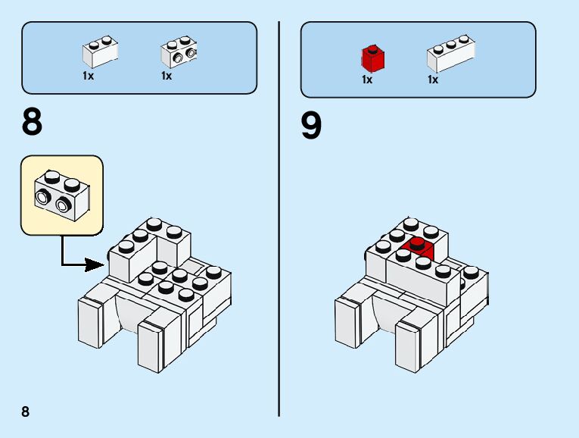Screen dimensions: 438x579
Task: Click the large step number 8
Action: [x=33, y=124]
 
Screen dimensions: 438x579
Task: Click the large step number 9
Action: [x=311, y=127]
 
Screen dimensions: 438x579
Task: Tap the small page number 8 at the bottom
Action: [x=26, y=411]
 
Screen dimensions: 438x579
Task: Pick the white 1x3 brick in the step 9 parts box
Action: [x=451, y=55]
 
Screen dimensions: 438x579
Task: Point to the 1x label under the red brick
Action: [x=367, y=80]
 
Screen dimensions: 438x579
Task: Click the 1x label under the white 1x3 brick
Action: [x=433, y=80]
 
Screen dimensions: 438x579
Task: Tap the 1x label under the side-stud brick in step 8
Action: [x=167, y=76]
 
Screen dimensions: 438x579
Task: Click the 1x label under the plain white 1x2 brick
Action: [x=88, y=76]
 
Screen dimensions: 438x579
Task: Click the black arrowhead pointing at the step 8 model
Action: [x=95, y=264]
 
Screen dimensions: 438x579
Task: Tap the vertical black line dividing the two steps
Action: [x=279, y=220]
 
